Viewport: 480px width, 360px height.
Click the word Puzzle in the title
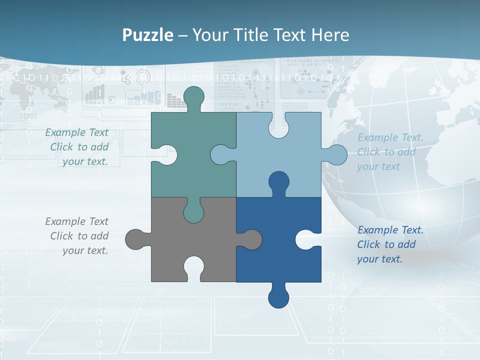147,35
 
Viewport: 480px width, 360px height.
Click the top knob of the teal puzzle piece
193,97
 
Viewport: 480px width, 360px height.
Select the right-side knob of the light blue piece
335,155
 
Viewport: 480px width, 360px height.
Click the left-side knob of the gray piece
136,239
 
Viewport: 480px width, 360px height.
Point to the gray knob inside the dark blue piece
250,239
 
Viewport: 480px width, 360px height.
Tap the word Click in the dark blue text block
368,244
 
